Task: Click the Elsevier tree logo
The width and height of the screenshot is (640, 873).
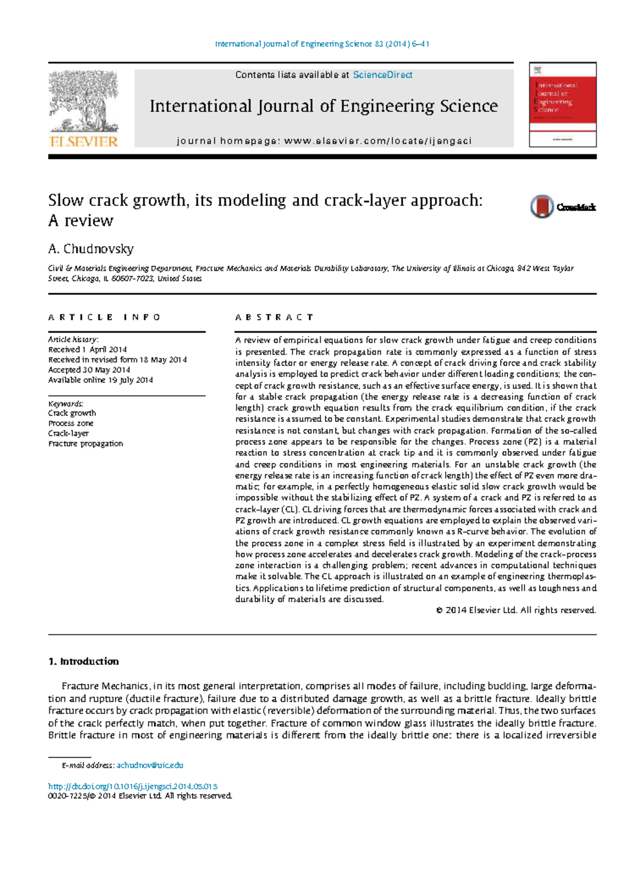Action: pos(83,101)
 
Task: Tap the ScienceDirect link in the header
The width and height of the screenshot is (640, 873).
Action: pos(382,75)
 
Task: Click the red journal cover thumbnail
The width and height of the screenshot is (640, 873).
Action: pos(563,105)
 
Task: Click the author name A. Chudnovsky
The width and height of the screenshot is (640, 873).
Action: pos(91,249)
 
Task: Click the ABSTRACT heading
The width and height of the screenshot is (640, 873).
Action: pos(274,317)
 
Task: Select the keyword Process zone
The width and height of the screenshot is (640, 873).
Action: pos(70,423)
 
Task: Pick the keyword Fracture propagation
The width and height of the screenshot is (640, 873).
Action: pos(85,443)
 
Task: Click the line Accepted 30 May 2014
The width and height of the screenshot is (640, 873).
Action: pos(89,370)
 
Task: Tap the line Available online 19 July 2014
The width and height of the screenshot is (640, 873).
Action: pos(100,380)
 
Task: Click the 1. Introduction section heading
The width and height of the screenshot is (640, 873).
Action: pos(83,661)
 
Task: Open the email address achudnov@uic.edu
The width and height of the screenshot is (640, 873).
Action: pos(150,765)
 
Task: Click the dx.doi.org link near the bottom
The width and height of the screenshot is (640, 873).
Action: pos(133,786)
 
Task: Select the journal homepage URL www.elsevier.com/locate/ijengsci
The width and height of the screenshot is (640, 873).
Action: pos(378,141)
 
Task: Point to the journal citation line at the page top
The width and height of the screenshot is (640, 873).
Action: pos(322,44)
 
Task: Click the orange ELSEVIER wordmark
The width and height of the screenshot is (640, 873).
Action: pos(83,141)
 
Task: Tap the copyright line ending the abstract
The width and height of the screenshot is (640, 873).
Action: pos(516,610)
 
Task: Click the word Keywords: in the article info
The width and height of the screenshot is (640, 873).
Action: pos(66,404)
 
